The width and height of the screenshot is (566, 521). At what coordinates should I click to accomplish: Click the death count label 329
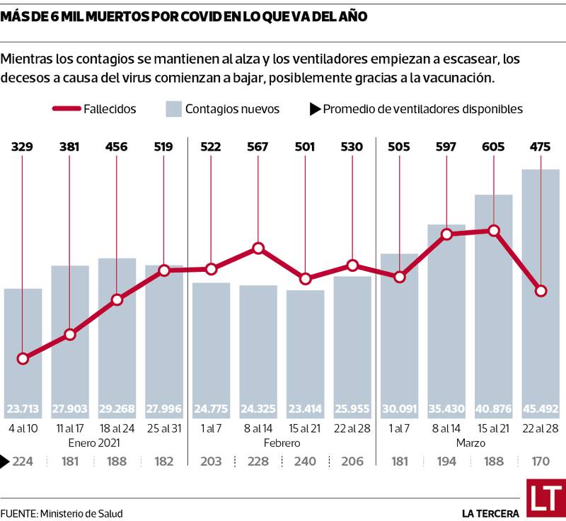pyautogui.click(x=23, y=147)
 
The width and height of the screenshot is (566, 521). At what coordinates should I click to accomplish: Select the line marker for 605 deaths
pyautogui.click(x=494, y=230)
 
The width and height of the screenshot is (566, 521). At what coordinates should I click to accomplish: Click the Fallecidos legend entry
pyautogui.click(x=95, y=109)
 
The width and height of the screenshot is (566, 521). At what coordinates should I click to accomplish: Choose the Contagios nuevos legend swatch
pyautogui.click(x=174, y=109)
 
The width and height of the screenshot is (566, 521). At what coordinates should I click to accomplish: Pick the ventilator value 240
pyautogui.click(x=305, y=462)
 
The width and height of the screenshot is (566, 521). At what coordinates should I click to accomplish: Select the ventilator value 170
pyautogui.click(x=541, y=462)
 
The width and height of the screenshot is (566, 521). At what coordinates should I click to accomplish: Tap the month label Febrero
pyautogui.click(x=282, y=443)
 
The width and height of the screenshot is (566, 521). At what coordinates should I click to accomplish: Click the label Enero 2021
pyautogui.click(x=93, y=443)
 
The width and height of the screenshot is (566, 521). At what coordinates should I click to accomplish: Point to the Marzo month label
pyautogui.click(x=470, y=443)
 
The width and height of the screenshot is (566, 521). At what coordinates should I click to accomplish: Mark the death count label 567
pyautogui.click(x=258, y=147)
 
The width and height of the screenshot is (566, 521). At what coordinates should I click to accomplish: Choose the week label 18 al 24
pyautogui.click(x=117, y=428)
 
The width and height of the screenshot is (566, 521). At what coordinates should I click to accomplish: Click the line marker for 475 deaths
pyautogui.click(x=541, y=291)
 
